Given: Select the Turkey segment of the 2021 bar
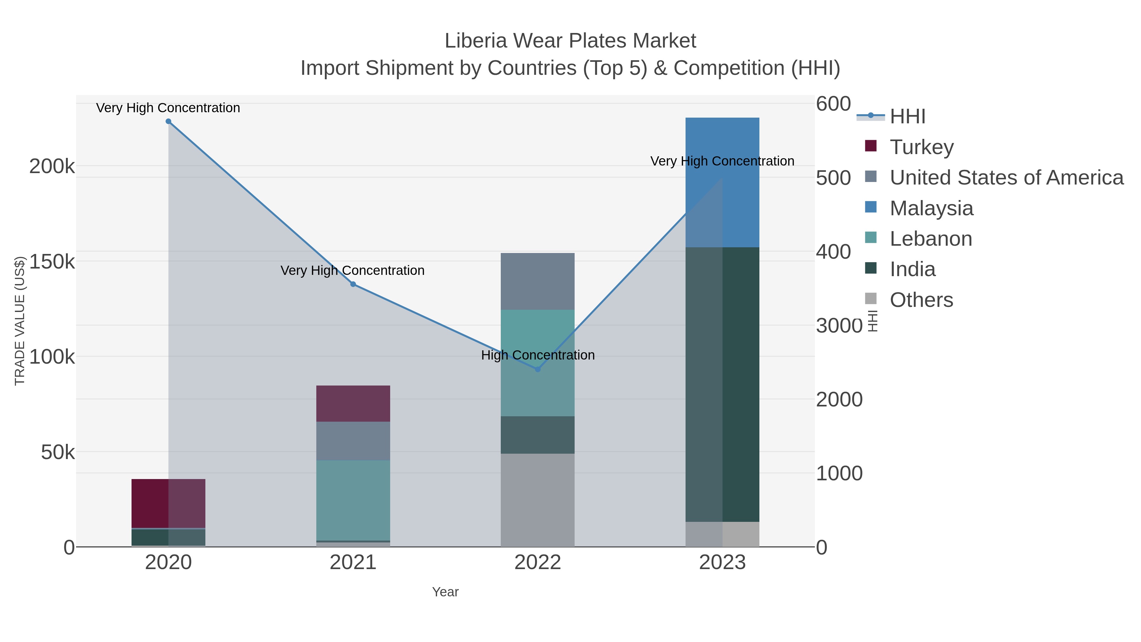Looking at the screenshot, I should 353,403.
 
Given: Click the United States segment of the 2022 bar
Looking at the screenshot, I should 537,281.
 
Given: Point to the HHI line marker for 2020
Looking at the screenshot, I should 168,121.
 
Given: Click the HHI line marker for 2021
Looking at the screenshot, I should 353,284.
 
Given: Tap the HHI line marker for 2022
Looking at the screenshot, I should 538,369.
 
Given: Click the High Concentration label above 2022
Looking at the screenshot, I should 538,355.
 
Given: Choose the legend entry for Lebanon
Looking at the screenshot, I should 931,239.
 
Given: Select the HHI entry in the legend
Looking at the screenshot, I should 907,117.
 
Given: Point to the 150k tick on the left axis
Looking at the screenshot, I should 52,262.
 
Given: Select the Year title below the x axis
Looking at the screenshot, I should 445,592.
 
